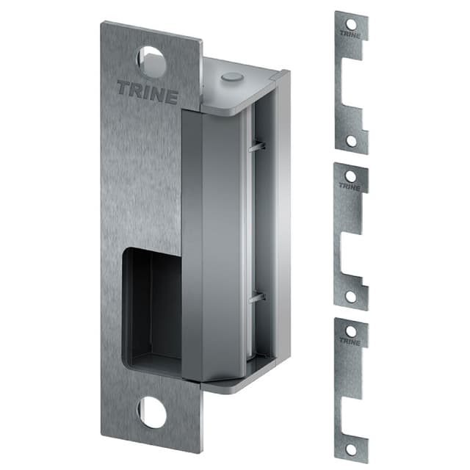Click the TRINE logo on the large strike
pos(147,94)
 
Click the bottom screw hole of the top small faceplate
pos(351,140)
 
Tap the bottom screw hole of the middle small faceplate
pos(351,296)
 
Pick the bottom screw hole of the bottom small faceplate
pos(351,448)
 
